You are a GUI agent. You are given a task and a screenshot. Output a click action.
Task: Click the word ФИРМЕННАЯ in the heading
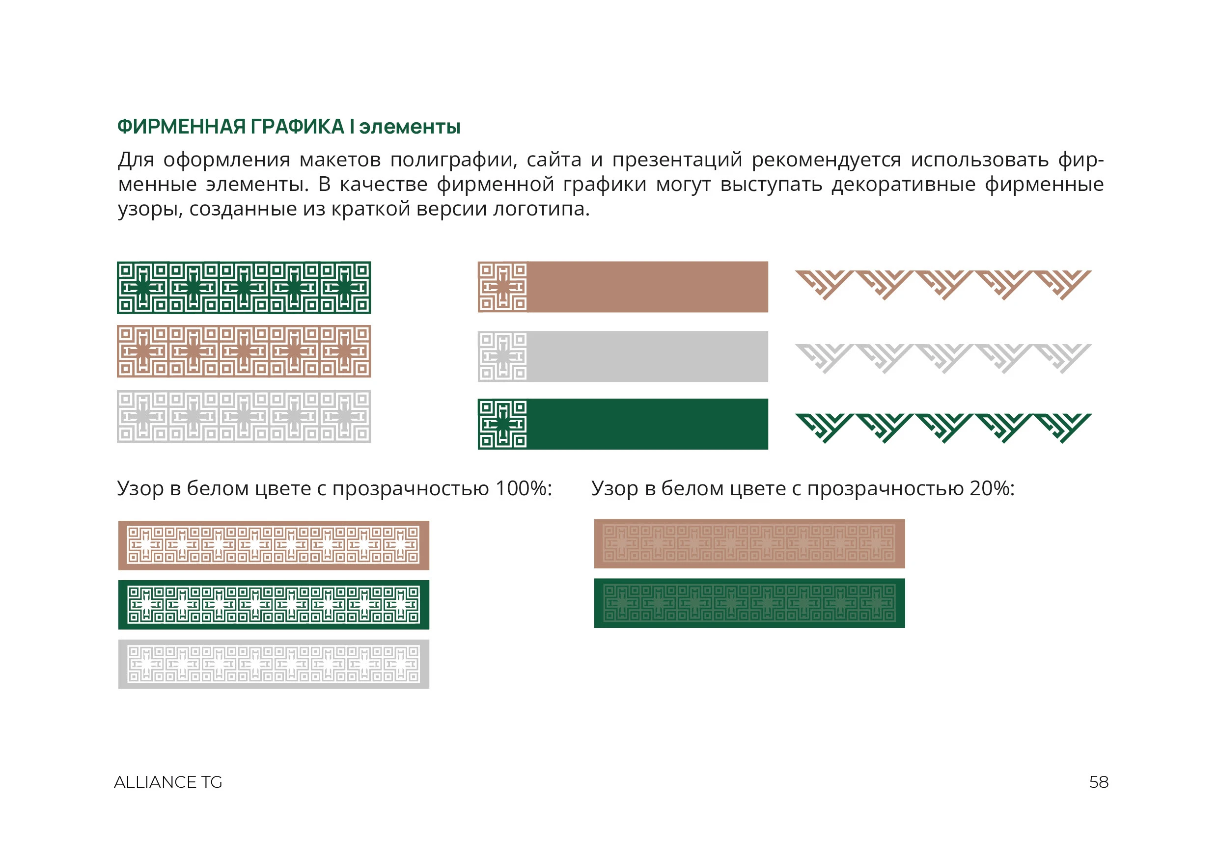181,127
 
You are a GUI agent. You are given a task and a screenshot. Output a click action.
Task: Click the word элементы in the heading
410,127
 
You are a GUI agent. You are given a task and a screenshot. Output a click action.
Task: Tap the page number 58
1099,782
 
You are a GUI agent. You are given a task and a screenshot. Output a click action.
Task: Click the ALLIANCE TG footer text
168,782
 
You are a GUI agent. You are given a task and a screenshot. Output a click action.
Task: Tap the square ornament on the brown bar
502,287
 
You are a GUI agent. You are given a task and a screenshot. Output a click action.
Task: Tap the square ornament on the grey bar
502,356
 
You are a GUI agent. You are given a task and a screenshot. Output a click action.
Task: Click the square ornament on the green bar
502,424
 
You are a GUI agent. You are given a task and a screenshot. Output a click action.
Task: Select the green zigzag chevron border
942,428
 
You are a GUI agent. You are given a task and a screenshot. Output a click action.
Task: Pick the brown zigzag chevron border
942,284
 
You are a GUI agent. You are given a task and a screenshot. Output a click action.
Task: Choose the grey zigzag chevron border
942,357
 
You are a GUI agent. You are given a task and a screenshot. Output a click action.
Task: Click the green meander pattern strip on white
244,288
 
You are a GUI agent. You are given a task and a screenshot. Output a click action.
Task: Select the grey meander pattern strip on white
244,416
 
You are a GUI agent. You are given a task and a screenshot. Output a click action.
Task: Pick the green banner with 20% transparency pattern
749,603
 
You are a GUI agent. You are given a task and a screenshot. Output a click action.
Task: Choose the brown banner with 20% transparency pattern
749,543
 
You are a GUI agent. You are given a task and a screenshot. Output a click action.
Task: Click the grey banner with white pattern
273,664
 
